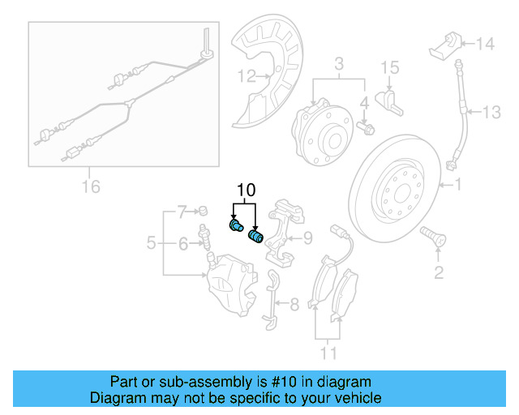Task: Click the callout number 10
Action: click(246, 190)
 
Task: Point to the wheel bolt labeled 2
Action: click(430, 237)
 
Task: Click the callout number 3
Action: click(339, 63)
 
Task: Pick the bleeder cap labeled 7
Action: click(204, 212)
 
